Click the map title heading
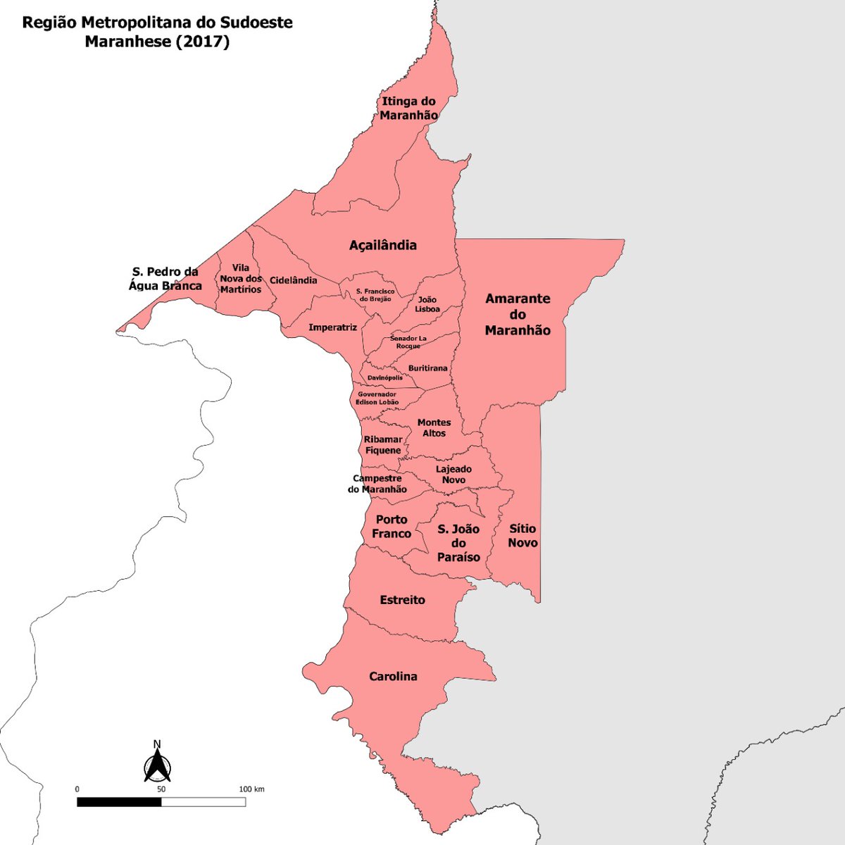(x=157, y=32)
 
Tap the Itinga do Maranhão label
(x=408, y=108)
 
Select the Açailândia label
(x=383, y=245)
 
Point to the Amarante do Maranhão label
(x=518, y=314)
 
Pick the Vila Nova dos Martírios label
(x=240, y=279)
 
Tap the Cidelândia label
(x=294, y=280)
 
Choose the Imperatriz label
(x=332, y=327)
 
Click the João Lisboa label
(x=427, y=304)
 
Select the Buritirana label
(x=427, y=368)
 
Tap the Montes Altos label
(x=434, y=428)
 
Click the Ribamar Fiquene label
(x=383, y=445)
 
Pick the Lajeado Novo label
(x=453, y=475)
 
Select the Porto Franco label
(x=391, y=527)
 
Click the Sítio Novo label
(x=522, y=535)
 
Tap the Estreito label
(x=402, y=600)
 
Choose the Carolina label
(x=393, y=677)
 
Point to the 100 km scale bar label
(x=251, y=789)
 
